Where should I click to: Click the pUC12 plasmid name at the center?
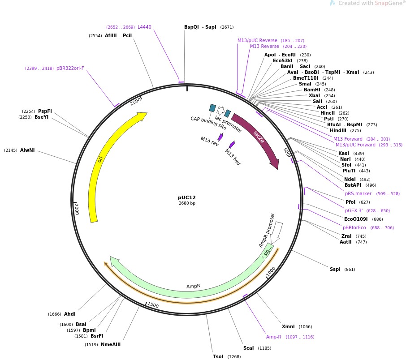186,197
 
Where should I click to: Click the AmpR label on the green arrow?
193,286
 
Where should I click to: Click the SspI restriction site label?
335,269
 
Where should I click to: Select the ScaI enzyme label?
248,348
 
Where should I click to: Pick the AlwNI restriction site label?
27,150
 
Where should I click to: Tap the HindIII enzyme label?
338,131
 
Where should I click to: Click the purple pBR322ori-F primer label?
70,69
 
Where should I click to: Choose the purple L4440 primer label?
144,27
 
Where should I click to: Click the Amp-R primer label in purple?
273,337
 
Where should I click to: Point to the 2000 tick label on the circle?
77,209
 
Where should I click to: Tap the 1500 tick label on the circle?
153,305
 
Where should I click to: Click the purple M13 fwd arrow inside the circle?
232,145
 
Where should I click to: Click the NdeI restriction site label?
350,179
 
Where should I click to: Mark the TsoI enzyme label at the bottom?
218,356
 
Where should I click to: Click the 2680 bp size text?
186,204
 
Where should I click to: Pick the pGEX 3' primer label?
354,210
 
